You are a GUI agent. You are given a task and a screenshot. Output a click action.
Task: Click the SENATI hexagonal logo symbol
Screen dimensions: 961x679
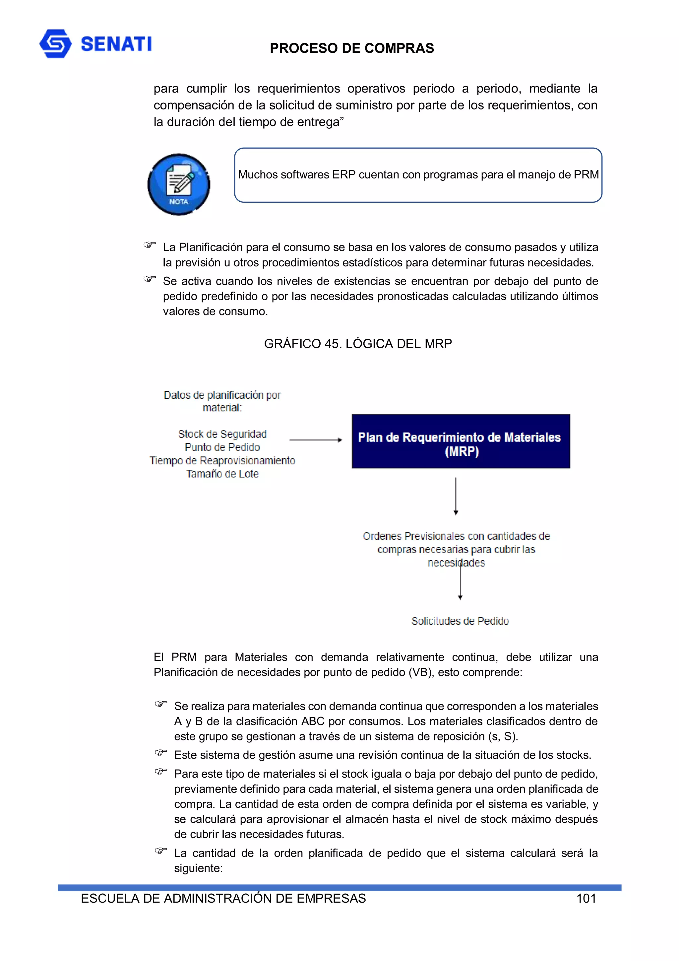pos(55,43)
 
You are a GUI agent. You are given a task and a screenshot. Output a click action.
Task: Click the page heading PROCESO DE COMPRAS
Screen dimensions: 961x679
pos(351,48)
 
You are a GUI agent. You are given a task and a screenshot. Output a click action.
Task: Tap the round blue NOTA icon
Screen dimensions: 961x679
pos(179,184)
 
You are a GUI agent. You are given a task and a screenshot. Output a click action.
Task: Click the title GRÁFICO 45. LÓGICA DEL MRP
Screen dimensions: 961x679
pos(358,344)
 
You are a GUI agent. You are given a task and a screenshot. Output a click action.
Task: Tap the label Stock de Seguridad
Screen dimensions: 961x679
pos(222,434)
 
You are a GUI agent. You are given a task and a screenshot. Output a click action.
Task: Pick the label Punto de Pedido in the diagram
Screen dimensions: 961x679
pos(222,447)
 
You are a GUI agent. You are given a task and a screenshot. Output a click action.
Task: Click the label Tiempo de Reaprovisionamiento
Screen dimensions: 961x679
pos(222,460)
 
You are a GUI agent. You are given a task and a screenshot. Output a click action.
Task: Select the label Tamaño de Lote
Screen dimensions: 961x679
pos(222,474)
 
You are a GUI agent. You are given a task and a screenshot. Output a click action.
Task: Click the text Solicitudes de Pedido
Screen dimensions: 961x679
pos(460,621)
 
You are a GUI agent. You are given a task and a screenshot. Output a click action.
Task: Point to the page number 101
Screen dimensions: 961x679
pos(586,898)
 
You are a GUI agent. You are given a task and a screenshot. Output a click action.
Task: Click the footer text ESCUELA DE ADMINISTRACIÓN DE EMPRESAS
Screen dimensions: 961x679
pos(223,898)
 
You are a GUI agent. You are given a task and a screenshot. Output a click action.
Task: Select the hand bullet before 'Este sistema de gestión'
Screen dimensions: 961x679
pos(161,753)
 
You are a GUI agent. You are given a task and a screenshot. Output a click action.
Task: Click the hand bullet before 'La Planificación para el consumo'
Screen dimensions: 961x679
pos(149,245)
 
